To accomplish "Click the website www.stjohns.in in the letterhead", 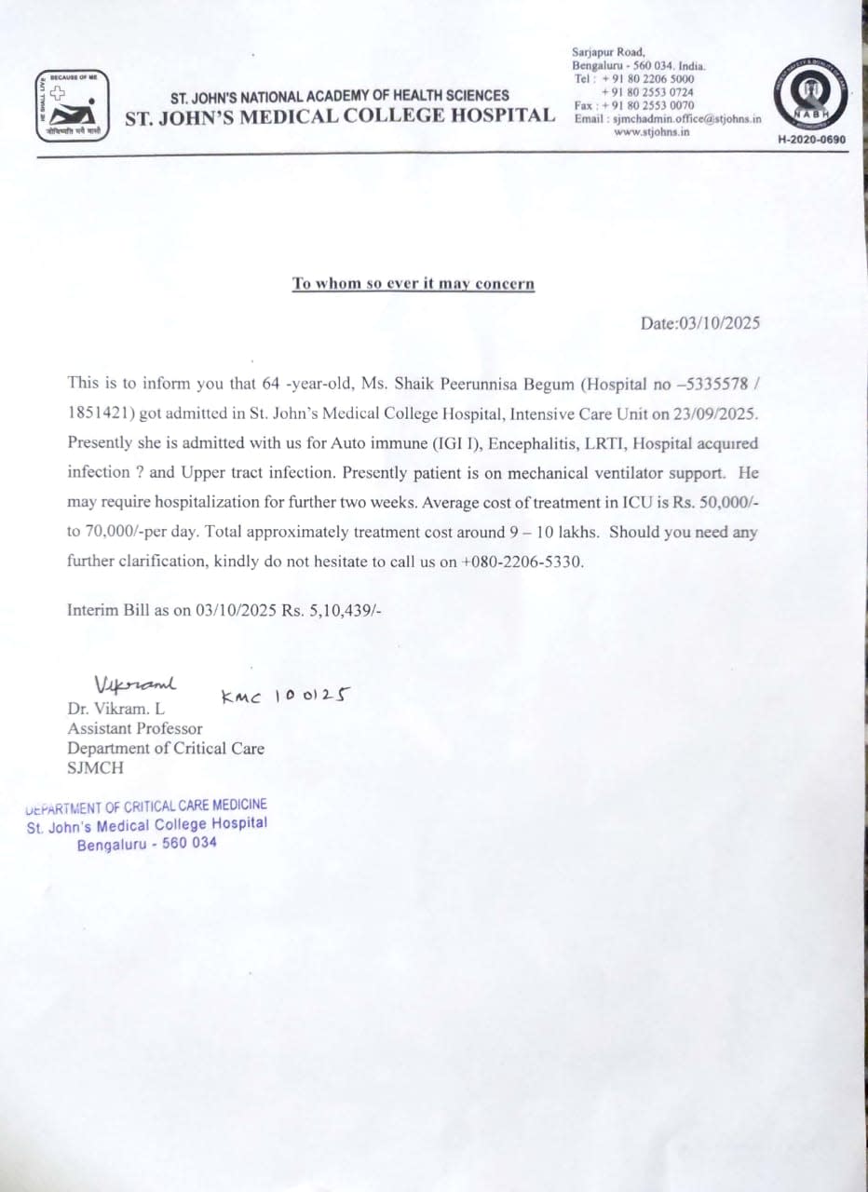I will [x=652, y=131].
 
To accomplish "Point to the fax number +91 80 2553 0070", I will [x=647, y=105].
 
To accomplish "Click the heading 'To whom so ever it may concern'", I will [x=414, y=283].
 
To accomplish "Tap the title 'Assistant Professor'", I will [x=134, y=728].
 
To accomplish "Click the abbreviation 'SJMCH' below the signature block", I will [x=94, y=768].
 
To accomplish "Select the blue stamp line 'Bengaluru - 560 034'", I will [x=147, y=844].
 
